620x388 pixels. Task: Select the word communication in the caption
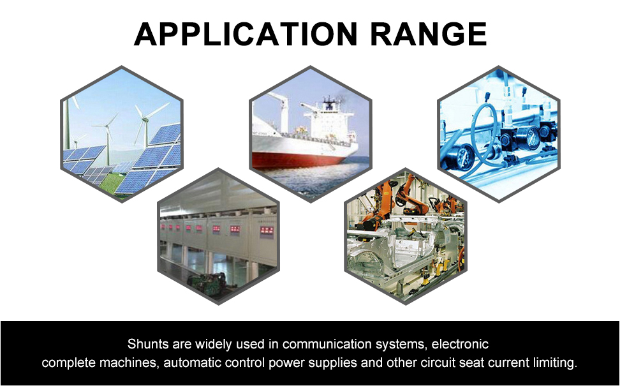327,344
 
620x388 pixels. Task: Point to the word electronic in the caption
460,344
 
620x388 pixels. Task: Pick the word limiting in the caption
555,362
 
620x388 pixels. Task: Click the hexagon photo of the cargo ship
311,134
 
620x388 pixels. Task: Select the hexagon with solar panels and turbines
122,134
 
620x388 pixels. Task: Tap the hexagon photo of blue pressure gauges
499,134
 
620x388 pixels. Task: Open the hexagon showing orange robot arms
406,236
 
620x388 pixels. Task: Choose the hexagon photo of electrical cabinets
218,236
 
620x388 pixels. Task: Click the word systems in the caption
401,345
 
